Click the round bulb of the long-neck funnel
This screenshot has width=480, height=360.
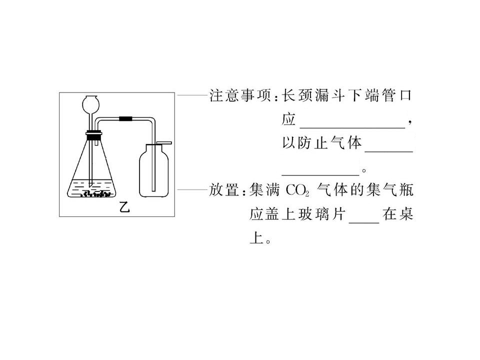click(91, 104)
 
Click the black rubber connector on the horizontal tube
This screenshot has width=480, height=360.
click(126, 118)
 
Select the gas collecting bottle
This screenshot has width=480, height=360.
click(153, 170)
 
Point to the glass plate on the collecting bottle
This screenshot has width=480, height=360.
click(164, 142)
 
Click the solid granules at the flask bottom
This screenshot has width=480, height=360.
click(95, 193)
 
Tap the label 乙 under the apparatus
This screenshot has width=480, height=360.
click(124, 207)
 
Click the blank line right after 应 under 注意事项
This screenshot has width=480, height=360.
click(352, 128)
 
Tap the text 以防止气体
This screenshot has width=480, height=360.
click(321, 143)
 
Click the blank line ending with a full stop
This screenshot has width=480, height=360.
click(320, 175)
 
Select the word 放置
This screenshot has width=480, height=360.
click(224, 190)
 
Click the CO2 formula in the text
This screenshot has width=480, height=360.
click(297, 190)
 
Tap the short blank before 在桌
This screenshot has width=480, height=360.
click(364, 222)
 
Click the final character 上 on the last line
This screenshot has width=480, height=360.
click(256, 238)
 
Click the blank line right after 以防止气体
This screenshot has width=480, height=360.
click(389, 151)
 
